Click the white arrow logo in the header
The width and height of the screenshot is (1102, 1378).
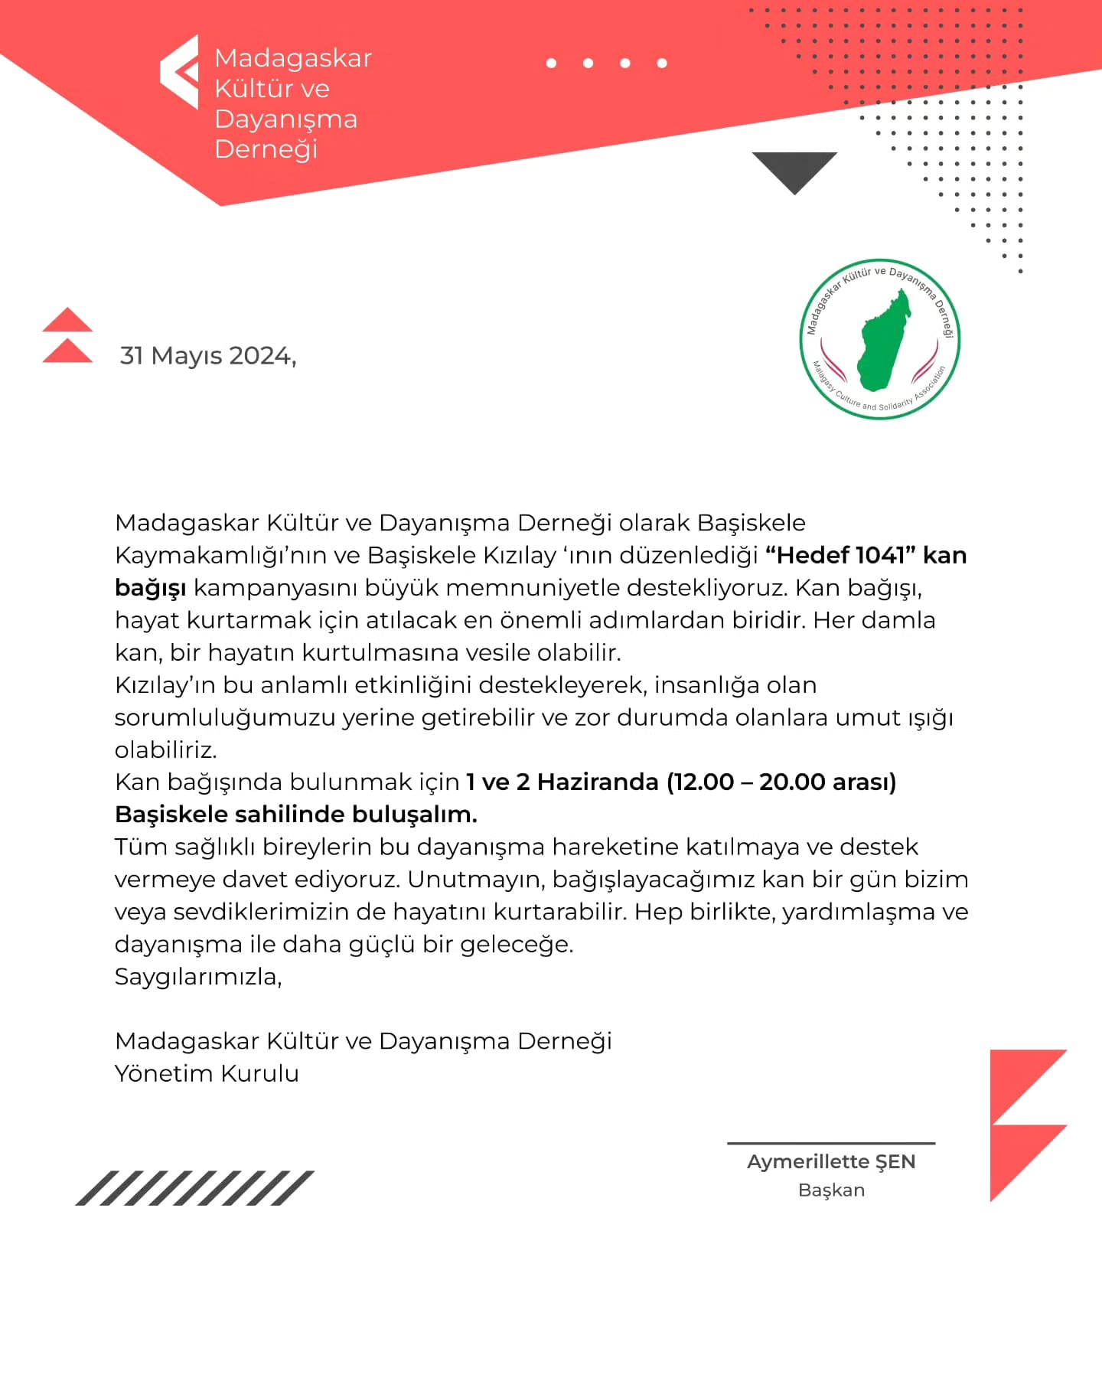pos(180,72)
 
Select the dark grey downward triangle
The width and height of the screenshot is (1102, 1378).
pos(794,169)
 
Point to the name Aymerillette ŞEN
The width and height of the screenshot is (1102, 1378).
pos(831,1161)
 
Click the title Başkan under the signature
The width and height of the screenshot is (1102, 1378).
pos(831,1190)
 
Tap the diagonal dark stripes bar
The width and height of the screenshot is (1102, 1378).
pos(194,1188)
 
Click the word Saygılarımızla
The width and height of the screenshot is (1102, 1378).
pos(197,977)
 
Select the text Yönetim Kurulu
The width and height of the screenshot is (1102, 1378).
pos(207,1073)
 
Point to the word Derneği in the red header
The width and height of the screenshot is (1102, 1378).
pos(266,149)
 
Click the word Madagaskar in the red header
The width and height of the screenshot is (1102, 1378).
pos(293,58)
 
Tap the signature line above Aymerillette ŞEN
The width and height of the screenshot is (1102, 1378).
pos(831,1143)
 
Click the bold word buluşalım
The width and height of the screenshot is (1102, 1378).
pos(424,815)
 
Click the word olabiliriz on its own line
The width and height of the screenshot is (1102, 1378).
pos(165,749)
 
